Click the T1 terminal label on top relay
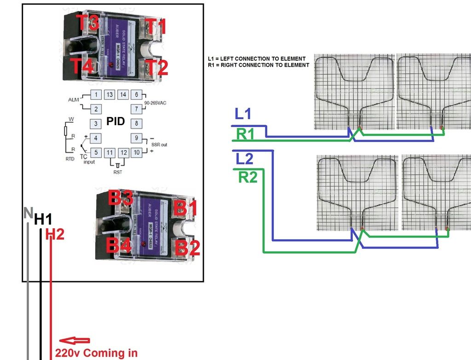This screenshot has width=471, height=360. pyautogui.click(x=155, y=27)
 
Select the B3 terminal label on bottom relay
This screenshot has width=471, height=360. pyautogui.click(x=121, y=198)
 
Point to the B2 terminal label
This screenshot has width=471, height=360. pyautogui.click(x=188, y=248)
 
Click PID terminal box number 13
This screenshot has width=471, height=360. pyautogui.click(x=109, y=95)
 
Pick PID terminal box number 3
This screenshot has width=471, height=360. pyautogui.click(x=96, y=123)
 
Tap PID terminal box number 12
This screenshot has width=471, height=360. pyautogui.click(x=123, y=152)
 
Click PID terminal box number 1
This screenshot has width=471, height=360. pyautogui.click(x=96, y=95)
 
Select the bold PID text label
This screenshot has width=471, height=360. pyautogui.click(x=116, y=122)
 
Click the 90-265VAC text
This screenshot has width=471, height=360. pyautogui.click(x=155, y=103)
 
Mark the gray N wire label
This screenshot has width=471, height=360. pyautogui.click(x=28, y=213)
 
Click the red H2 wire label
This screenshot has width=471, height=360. pyautogui.click(x=55, y=234)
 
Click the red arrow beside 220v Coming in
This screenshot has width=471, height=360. pyautogui.click(x=75, y=341)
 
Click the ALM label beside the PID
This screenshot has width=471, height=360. pyautogui.click(x=74, y=99)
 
